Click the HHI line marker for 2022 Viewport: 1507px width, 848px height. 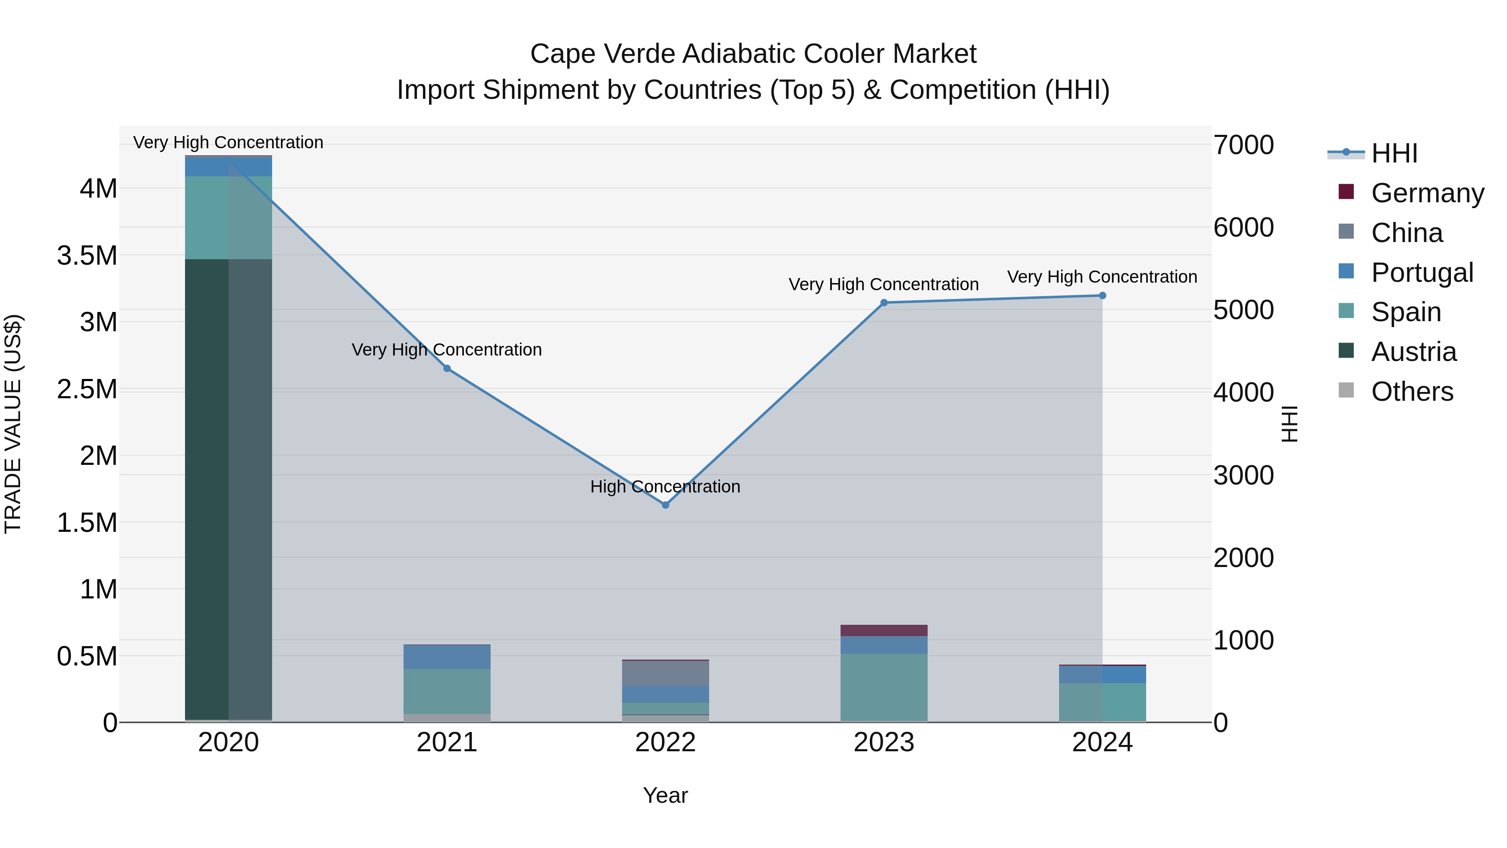tap(665, 505)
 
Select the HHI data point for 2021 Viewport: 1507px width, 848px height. tap(447, 368)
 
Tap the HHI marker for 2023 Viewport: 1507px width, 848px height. tap(884, 303)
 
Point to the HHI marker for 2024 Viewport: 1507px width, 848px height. tap(1102, 296)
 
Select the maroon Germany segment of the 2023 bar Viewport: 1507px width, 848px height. tap(884, 630)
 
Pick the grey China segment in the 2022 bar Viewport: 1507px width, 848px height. tap(665, 673)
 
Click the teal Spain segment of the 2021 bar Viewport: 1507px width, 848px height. tap(447, 691)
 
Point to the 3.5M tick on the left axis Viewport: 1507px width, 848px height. tap(87, 256)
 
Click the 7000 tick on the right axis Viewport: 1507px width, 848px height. tap(1243, 145)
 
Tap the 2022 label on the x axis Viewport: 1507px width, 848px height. tap(665, 742)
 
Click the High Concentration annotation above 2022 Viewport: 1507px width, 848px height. tap(665, 486)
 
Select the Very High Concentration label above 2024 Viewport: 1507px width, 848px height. tap(1102, 276)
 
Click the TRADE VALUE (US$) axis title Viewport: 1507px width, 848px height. tap(13, 424)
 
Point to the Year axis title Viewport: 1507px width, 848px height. tap(665, 795)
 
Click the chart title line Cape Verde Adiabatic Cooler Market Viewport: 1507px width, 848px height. tap(753, 54)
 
